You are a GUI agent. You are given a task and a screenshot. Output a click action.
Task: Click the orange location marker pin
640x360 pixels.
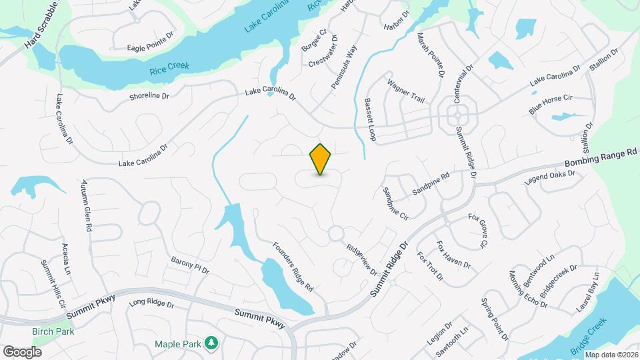tap(321, 159)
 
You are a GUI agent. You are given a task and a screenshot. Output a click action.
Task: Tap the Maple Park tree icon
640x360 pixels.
tap(211, 343)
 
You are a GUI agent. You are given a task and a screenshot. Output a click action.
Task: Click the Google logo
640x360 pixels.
tap(22, 351)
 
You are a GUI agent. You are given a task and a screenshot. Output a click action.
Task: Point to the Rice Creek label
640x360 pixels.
tap(169, 68)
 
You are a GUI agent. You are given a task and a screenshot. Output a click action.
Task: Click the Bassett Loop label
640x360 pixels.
tap(371, 121)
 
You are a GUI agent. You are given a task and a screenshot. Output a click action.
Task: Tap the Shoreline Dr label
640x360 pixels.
tap(149, 97)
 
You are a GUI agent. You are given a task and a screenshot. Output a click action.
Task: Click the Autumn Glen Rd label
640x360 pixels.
tap(86, 205)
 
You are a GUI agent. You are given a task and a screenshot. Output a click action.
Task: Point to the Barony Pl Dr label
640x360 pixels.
tap(190, 265)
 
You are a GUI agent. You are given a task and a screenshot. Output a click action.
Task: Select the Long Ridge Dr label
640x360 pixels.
tap(151, 303)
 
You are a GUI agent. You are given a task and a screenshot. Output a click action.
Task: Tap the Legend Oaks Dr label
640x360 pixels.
tap(549, 177)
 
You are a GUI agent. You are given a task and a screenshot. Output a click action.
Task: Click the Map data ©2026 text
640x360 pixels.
tap(611, 355)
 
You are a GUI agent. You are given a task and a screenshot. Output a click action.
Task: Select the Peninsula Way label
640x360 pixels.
tap(344, 67)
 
